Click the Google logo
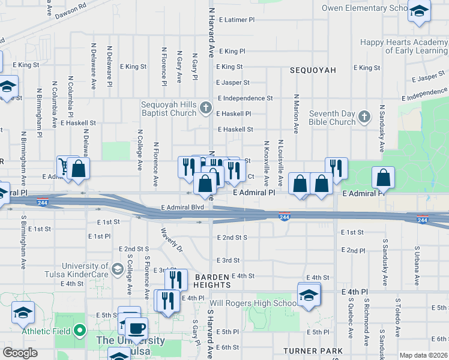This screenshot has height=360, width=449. tap(20, 353)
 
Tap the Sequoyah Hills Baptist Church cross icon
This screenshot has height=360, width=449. tap(206, 109)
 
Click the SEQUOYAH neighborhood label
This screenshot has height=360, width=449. tap(313, 70)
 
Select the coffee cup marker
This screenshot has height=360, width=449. tap(136, 328)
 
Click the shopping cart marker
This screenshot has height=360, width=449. tap(64, 167)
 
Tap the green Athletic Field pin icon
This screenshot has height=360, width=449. tap(80, 331)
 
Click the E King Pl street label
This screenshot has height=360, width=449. tap(232, 52)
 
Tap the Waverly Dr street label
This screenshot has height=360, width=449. tap(171, 238)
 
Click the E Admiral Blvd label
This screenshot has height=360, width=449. tap(182, 208)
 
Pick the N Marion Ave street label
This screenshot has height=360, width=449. tap(296, 113)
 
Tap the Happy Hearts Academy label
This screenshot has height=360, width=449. tap(403, 46)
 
